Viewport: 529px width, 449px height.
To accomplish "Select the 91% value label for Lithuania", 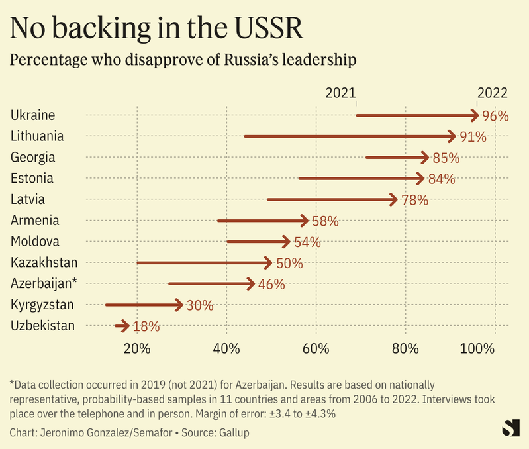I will coord(473,137).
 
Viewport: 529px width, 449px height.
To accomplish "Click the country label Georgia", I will coord(32,158).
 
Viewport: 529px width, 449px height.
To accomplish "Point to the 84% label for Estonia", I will coord(441,179).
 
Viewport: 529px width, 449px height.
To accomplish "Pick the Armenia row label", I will coord(35,221).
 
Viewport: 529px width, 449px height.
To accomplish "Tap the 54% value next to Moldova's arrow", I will coord(307,242).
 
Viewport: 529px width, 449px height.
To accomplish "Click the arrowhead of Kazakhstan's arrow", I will coord(267,263).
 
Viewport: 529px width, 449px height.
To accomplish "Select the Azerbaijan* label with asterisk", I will coord(44,283).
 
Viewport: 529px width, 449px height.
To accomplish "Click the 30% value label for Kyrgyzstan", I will coord(199,305).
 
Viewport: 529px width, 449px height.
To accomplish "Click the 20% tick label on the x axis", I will coord(137,349).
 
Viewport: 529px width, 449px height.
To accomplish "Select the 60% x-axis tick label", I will coord(316,349).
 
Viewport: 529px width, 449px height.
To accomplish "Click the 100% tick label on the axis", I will coord(477,349).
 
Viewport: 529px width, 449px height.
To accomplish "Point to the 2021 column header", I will coord(340,93).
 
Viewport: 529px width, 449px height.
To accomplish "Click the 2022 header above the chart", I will coord(492,93).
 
